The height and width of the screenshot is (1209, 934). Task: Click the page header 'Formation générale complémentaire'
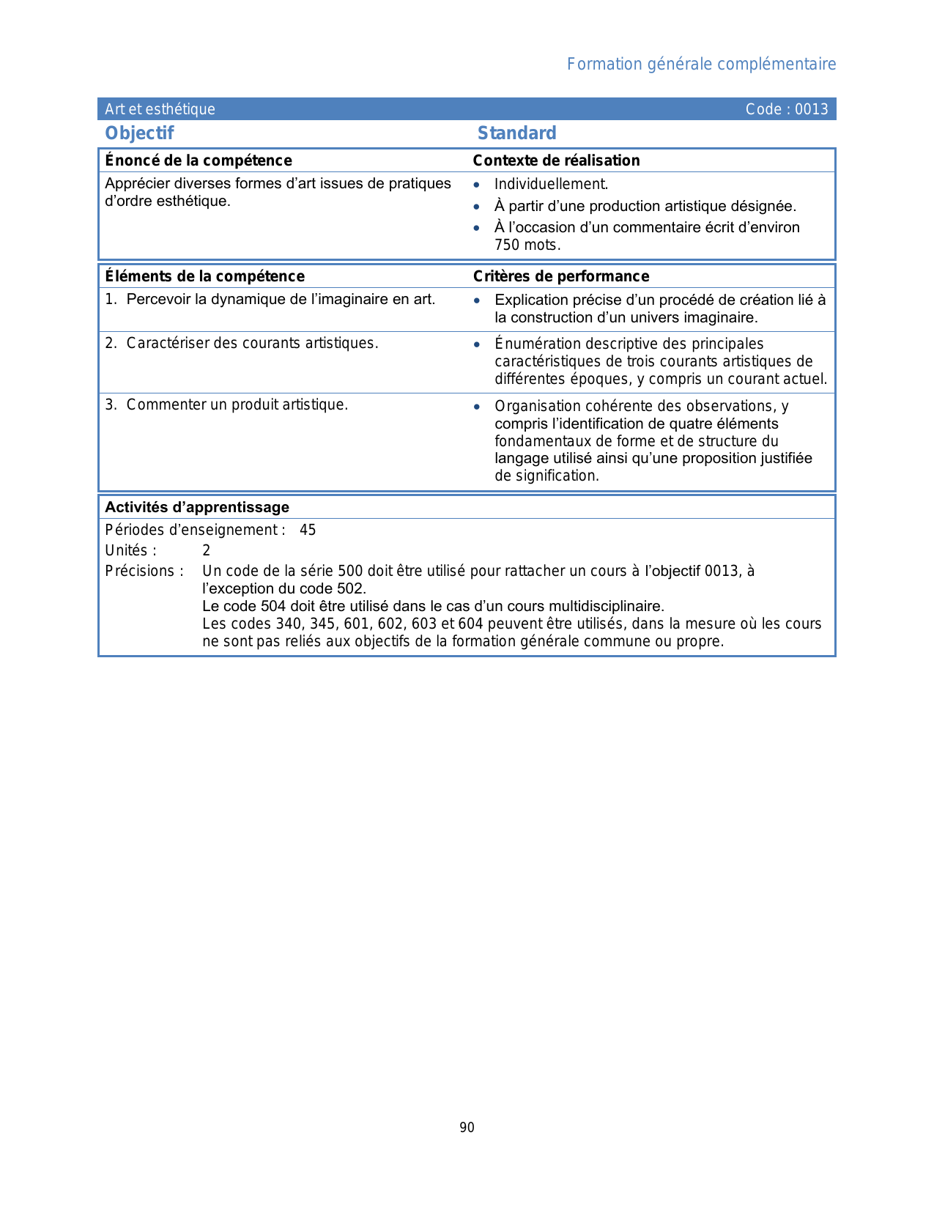tap(701, 64)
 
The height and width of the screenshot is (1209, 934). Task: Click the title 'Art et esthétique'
tap(160, 109)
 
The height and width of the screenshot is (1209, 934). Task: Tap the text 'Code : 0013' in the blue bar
tap(786, 109)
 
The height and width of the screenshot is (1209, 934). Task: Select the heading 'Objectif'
tap(139, 133)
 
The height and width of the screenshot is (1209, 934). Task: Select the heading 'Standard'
tap(516, 133)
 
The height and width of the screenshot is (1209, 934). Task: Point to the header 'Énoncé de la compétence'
tap(198, 160)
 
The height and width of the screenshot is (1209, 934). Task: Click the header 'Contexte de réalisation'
tap(556, 160)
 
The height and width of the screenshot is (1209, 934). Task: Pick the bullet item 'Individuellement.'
tap(551, 185)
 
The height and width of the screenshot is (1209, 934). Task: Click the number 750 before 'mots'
tap(507, 245)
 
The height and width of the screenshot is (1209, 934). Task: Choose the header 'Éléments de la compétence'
tap(204, 276)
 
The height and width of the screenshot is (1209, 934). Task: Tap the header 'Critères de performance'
tap(560, 276)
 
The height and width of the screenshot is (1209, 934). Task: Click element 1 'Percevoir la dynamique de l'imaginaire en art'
tap(281, 299)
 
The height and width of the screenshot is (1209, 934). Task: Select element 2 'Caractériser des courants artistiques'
tap(252, 343)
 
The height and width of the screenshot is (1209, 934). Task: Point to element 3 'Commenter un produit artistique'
tap(237, 404)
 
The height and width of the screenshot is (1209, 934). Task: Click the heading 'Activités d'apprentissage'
tap(197, 507)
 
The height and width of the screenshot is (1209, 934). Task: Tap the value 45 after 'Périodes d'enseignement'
tap(308, 530)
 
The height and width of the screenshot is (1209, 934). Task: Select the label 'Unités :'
tap(130, 550)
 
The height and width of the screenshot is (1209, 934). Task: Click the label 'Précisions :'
tap(144, 571)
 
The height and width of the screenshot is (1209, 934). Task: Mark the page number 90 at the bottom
tap(467, 1128)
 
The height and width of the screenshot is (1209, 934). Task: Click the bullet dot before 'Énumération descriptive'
tap(476, 344)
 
